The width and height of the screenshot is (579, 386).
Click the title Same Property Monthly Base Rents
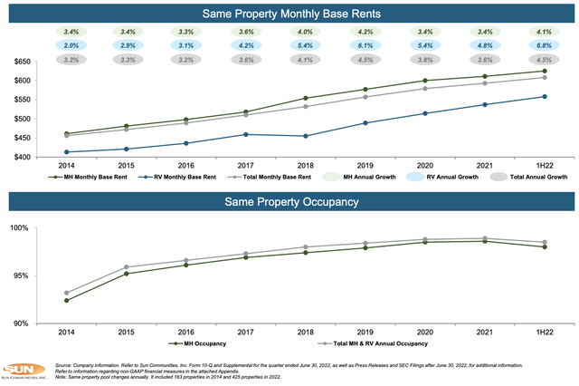click(289, 13)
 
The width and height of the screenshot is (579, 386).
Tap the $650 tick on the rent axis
click(20, 62)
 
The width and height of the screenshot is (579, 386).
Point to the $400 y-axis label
click(20, 158)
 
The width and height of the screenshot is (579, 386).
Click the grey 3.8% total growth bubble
click(425, 60)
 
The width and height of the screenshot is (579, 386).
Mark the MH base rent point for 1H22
click(544, 71)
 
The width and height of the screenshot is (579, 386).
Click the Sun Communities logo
click(20, 372)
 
